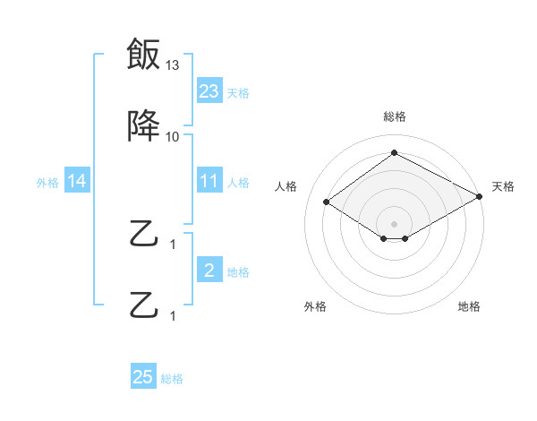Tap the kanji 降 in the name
tap(144, 127)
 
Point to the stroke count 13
tap(173, 65)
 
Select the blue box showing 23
tap(209, 91)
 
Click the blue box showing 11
tap(209, 181)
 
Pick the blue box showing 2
tap(209, 271)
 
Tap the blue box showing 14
tap(77, 181)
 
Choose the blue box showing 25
tap(143, 377)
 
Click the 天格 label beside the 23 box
tap(238, 92)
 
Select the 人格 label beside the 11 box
tap(238, 182)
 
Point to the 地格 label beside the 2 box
tap(238, 271)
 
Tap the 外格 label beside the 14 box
tap(47, 182)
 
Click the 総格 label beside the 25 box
tap(172, 378)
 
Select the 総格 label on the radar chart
tap(394, 116)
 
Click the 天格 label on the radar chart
tap(503, 186)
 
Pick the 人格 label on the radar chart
tap(286, 186)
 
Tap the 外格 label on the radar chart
tap(315, 306)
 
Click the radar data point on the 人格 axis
tap(327, 202)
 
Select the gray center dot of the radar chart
tap(394, 223)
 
